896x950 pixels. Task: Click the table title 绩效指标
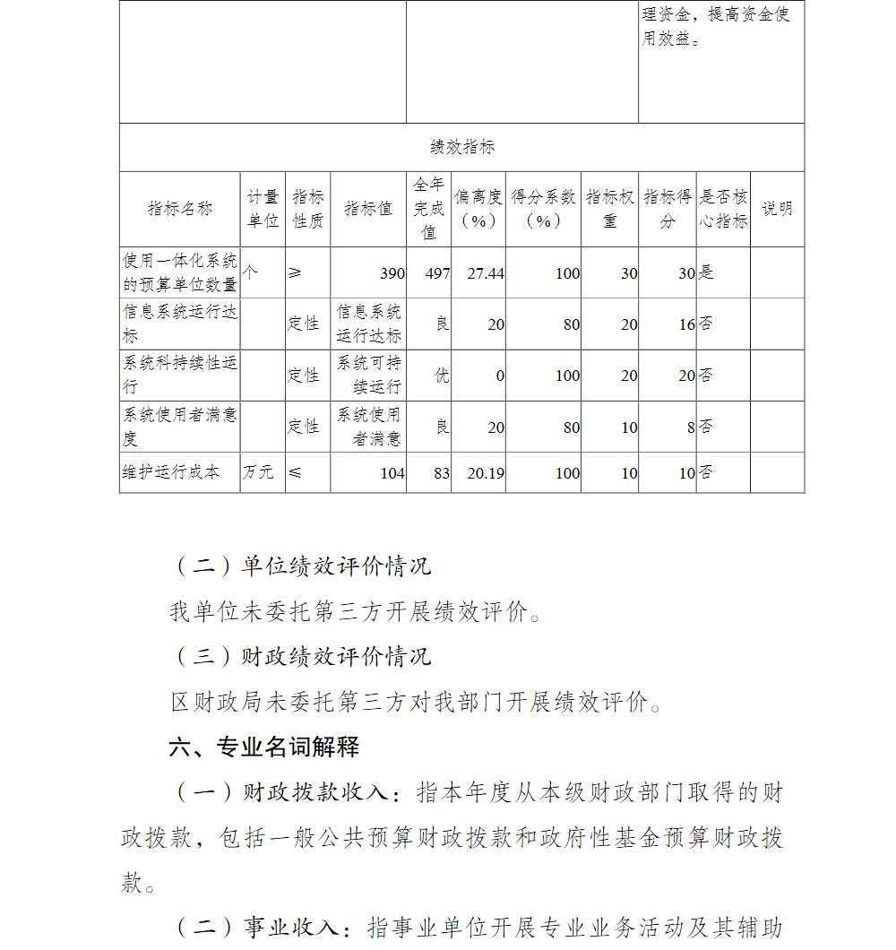click(461, 147)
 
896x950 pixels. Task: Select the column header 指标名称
click(180, 209)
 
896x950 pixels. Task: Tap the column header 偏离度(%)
click(478, 209)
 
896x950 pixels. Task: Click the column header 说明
click(777, 209)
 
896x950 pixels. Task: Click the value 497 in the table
click(437, 273)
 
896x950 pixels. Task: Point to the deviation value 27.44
click(486, 273)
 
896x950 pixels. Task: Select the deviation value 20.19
click(486, 472)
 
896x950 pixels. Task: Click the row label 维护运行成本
click(171, 472)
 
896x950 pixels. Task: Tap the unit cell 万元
click(258, 472)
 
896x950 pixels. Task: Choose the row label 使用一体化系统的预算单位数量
click(180, 272)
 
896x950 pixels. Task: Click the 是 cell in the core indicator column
click(707, 272)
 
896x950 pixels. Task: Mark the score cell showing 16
click(686, 324)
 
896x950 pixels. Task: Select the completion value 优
click(442, 376)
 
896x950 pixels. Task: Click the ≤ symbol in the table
click(295, 472)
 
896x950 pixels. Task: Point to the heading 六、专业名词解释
click(264, 746)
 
